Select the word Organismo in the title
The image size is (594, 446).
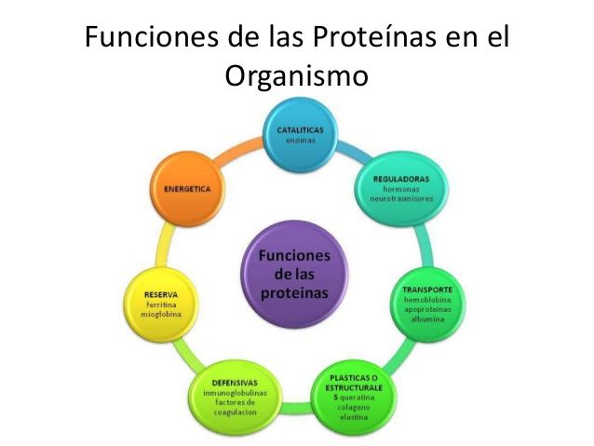(x=297, y=77)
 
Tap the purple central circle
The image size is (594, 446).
(x=295, y=275)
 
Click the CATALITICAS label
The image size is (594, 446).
(x=300, y=130)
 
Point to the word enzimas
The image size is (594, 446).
(x=301, y=141)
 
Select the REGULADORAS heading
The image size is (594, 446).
(x=401, y=179)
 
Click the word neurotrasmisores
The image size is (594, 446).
(x=401, y=198)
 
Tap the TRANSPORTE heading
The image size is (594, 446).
(x=427, y=290)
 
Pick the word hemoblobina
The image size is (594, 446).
(x=427, y=300)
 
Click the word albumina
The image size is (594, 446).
(x=427, y=319)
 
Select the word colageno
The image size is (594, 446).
(x=354, y=407)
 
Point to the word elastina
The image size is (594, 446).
(x=354, y=417)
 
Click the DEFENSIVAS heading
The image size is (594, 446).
(x=235, y=383)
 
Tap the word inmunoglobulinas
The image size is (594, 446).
(x=235, y=393)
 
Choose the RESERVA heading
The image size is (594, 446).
(x=161, y=295)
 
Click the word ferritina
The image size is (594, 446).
(x=161, y=304)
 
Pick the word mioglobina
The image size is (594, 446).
(x=161, y=315)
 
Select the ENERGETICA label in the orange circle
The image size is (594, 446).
(x=187, y=189)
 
